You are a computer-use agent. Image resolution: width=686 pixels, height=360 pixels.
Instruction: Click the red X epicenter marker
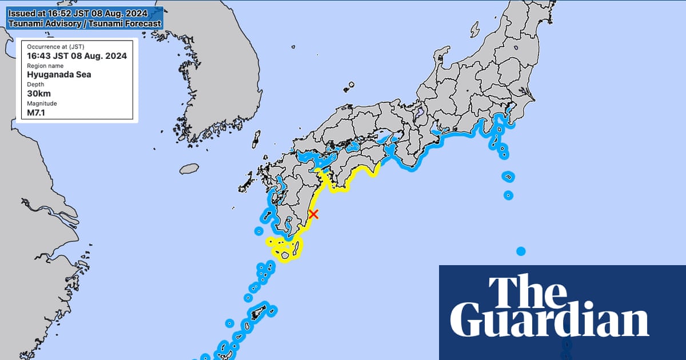313,214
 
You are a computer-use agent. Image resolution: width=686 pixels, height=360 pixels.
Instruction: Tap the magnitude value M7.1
37,112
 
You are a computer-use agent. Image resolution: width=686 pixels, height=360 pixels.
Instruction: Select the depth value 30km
38,93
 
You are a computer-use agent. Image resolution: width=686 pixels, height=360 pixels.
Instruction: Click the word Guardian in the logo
549,323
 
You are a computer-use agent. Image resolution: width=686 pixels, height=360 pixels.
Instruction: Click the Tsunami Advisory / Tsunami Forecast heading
85,24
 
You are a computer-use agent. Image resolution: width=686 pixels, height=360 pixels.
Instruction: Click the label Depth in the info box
35,85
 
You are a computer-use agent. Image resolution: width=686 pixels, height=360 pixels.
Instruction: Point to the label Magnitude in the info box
42,103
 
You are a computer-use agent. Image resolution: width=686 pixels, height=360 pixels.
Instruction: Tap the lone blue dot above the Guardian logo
521,251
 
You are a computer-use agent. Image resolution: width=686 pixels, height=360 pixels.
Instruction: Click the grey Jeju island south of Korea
189,169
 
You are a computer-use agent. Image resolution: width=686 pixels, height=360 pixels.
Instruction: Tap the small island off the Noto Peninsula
474,27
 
